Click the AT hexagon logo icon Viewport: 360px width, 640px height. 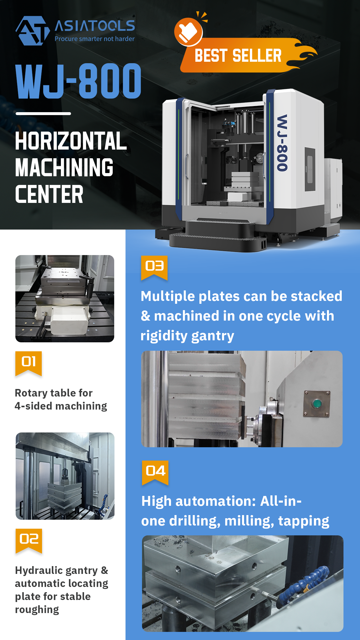point(32,31)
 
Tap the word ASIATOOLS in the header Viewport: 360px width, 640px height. point(95,26)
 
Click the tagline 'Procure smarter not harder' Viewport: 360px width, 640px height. point(94,39)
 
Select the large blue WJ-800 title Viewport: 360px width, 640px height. point(78,81)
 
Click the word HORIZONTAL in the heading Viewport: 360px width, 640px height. point(71,141)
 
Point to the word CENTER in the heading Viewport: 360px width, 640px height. point(49,194)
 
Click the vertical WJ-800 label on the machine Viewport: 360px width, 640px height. point(282,143)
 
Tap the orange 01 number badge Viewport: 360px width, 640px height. point(28,363)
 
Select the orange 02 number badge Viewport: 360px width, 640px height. point(29,541)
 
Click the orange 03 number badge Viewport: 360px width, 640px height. point(154,268)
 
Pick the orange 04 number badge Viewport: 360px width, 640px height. point(155,472)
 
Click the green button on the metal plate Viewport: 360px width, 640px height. point(317,403)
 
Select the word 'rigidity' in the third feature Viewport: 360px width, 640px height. point(164,336)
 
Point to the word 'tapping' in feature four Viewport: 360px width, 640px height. point(303,521)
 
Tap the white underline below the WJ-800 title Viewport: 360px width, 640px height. point(43,114)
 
